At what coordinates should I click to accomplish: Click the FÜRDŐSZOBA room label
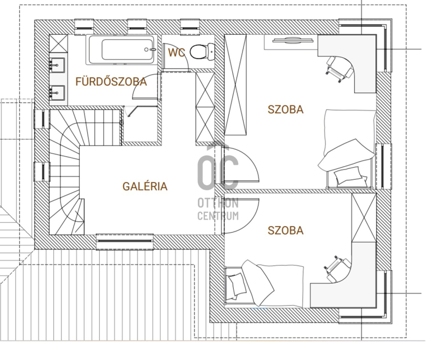coord(111,82)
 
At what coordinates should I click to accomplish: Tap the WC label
coord(177,52)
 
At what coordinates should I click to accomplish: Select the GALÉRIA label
coord(145,186)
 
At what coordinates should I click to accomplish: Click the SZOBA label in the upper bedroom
coord(286,109)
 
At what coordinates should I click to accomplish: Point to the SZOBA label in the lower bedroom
coord(286,230)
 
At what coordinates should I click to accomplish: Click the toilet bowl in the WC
coord(202,51)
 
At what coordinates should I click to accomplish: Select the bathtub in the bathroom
coord(122,50)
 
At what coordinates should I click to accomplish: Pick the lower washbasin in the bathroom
coord(57,93)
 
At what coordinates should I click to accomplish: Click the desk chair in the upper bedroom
coord(338,68)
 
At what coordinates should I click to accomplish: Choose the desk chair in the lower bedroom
coord(337,268)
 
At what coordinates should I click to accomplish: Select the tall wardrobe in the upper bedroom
coord(235,85)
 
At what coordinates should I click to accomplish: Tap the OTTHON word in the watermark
coord(218,203)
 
